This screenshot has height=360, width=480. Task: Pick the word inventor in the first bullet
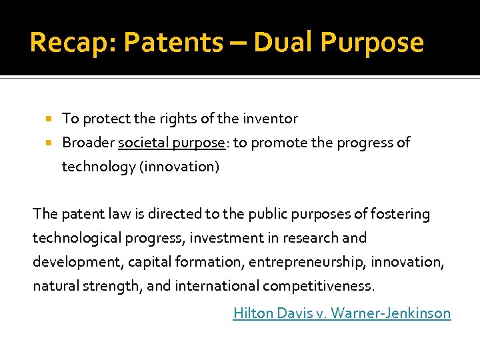click(270, 119)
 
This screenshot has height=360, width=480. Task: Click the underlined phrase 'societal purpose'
click(171, 143)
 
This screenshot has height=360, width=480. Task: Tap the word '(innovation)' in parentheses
click(179, 167)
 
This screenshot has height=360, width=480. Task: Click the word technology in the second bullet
click(98, 167)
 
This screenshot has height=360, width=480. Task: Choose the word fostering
click(399, 214)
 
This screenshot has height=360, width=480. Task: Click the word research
click(311, 238)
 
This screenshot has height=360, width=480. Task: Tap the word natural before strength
click(55, 286)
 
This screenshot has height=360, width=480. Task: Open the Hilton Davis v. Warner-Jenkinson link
click(341, 313)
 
